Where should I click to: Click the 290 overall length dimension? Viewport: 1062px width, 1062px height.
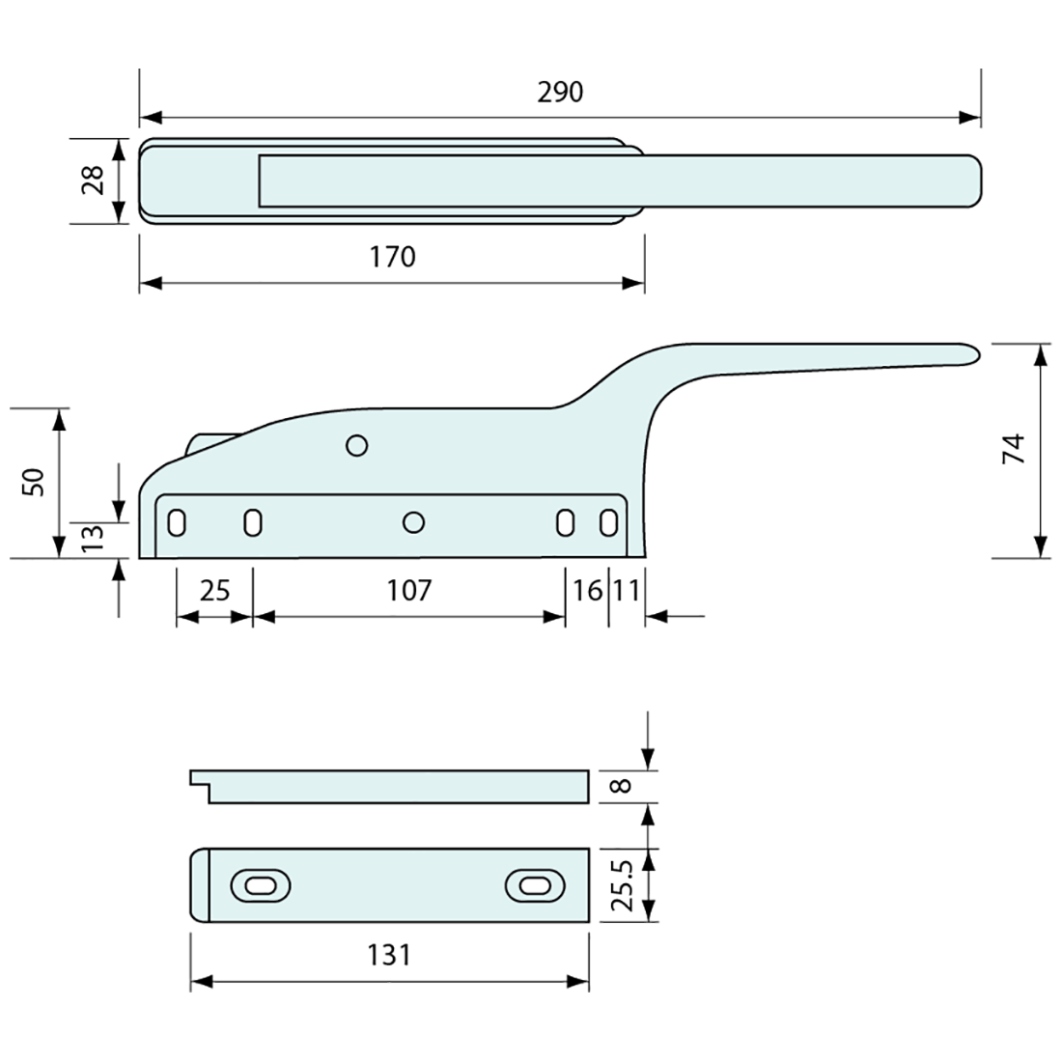tap(560, 93)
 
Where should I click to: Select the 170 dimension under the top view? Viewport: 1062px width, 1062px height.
tap(393, 257)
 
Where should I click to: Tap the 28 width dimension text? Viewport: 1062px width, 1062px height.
tap(94, 181)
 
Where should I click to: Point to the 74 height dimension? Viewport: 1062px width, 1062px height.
tap(1012, 450)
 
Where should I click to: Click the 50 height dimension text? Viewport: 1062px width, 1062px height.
tap(35, 482)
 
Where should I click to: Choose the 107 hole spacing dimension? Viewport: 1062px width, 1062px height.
tap(408, 590)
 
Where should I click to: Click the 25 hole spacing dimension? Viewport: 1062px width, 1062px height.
tap(214, 590)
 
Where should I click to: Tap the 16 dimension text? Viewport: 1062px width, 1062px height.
tap(586, 590)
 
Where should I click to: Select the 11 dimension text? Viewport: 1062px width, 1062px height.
tap(626, 590)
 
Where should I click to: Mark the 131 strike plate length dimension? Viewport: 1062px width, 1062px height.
tap(389, 955)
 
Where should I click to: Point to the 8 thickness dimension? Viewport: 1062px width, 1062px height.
tap(624, 786)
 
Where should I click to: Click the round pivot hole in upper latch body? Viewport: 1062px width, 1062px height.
tap(356, 445)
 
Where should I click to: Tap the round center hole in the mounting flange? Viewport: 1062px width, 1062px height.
tap(413, 522)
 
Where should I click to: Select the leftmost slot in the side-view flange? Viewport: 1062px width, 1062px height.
tap(178, 522)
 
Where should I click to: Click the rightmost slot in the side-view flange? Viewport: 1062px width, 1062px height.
tap(607, 522)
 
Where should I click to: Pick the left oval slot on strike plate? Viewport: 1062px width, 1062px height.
tap(261, 885)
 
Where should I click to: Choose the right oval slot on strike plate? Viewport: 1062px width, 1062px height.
tap(534, 885)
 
